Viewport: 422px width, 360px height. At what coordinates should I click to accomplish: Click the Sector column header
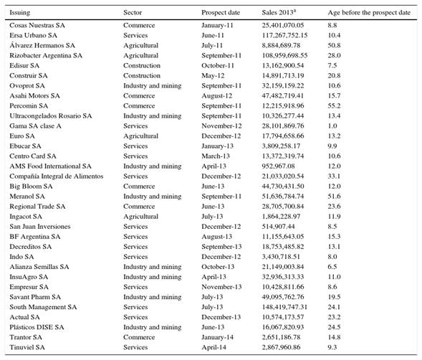click(133, 12)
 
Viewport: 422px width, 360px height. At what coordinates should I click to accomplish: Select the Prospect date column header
click(221, 12)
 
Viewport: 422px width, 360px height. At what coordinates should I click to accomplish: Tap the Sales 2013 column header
click(279, 12)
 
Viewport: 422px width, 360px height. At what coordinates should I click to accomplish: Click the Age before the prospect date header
click(369, 12)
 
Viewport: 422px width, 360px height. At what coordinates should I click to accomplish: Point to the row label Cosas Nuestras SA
click(37, 25)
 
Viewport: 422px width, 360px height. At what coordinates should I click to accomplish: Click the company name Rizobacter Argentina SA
click(46, 55)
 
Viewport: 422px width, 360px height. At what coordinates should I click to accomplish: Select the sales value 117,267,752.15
click(284, 35)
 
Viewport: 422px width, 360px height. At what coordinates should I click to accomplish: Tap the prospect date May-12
click(213, 76)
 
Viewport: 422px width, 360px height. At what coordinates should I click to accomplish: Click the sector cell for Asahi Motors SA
click(139, 95)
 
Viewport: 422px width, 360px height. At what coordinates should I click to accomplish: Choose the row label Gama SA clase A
click(35, 125)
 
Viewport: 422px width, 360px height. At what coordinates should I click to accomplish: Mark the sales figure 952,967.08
click(278, 166)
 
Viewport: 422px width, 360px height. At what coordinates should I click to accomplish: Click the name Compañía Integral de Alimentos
click(57, 176)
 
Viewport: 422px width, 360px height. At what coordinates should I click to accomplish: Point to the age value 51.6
click(334, 196)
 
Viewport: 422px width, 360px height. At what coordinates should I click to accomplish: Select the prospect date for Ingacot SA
click(212, 217)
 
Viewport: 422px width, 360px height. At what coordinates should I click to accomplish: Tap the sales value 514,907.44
click(278, 227)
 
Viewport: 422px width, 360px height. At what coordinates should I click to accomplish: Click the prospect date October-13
click(218, 267)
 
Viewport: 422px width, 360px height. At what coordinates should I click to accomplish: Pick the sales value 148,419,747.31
click(284, 307)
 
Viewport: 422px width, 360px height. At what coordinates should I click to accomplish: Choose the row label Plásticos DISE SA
click(37, 327)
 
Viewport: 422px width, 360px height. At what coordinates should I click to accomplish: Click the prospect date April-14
click(214, 347)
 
